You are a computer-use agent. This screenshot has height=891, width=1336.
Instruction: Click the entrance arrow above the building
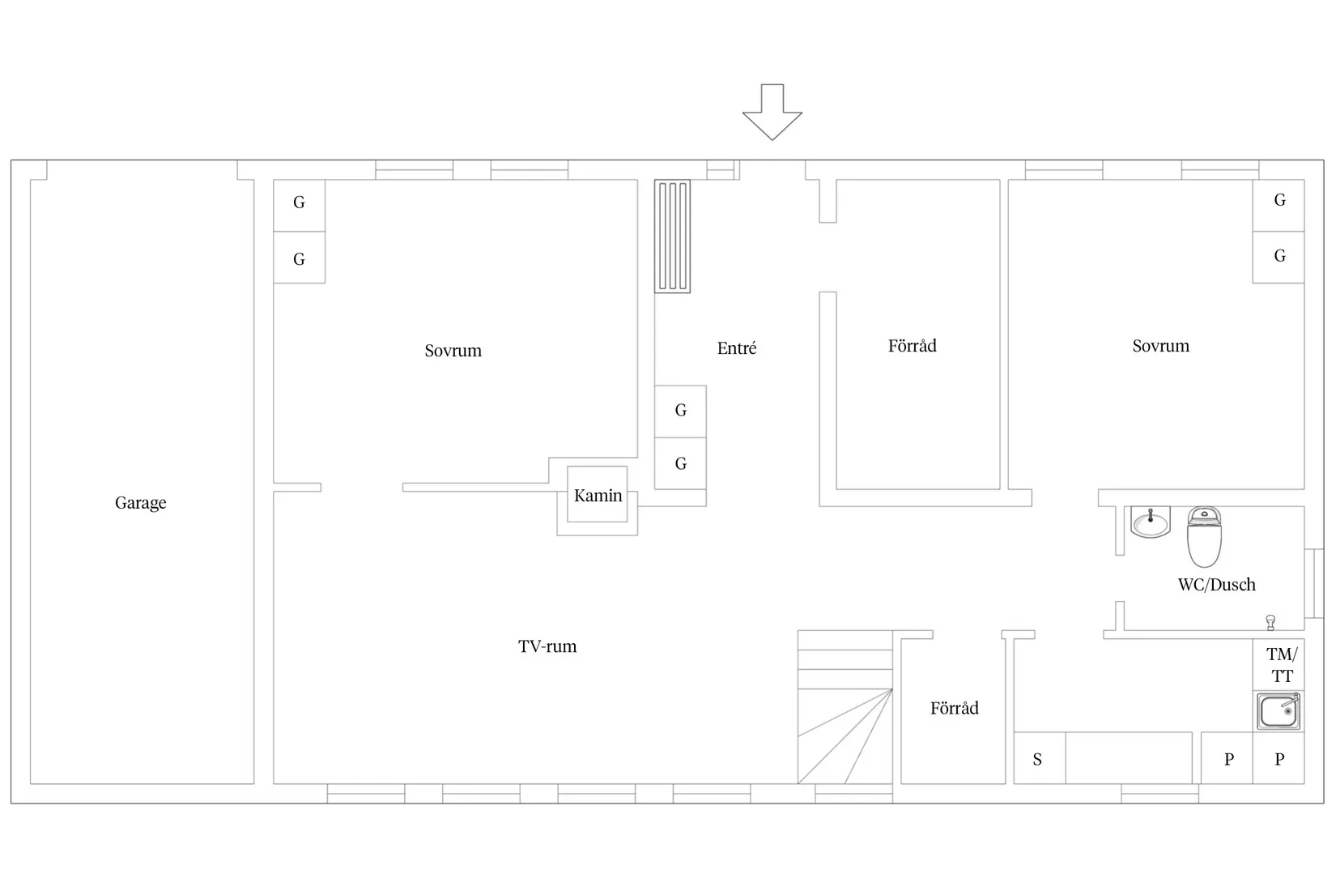pyautogui.click(x=772, y=113)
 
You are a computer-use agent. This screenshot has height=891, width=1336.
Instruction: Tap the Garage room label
pyautogui.click(x=141, y=503)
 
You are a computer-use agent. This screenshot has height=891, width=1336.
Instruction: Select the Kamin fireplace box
pyautogui.click(x=597, y=494)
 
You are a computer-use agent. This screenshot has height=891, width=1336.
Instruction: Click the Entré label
pyautogui.click(x=737, y=348)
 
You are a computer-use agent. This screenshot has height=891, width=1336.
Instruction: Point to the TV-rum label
pyautogui.click(x=547, y=646)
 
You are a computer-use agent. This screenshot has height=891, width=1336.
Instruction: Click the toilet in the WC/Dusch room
pyautogui.click(x=1204, y=536)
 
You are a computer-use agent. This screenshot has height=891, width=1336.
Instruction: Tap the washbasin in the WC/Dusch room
pyautogui.click(x=1151, y=522)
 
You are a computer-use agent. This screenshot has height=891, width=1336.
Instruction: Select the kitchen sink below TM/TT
pyautogui.click(x=1279, y=710)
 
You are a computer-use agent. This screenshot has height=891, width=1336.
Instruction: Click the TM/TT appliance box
pyautogui.click(x=1279, y=664)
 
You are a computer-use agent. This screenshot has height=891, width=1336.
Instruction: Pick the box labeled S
pyautogui.click(x=1040, y=758)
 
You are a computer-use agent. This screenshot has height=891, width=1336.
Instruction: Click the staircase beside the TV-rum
pyautogui.click(x=845, y=707)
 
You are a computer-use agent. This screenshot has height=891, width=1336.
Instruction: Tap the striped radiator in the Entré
pyautogui.click(x=672, y=237)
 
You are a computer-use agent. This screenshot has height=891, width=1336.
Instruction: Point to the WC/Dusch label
pyautogui.click(x=1217, y=584)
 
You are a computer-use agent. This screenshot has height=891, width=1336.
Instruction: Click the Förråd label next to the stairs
pyautogui.click(x=955, y=708)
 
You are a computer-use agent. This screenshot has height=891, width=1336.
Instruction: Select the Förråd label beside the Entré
pyautogui.click(x=912, y=346)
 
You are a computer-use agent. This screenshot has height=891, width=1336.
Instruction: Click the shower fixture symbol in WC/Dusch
pyautogui.click(x=1270, y=622)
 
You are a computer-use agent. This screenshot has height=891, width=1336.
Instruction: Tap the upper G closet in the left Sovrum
pyautogui.click(x=300, y=205)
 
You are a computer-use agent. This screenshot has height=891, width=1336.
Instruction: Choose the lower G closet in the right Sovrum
pyautogui.click(x=1279, y=258)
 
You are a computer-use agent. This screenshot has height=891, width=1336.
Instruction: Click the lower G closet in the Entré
pyautogui.click(x=680, y=463)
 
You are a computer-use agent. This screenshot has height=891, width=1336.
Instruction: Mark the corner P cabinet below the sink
pyautogui.click(x=1279, y=758)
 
